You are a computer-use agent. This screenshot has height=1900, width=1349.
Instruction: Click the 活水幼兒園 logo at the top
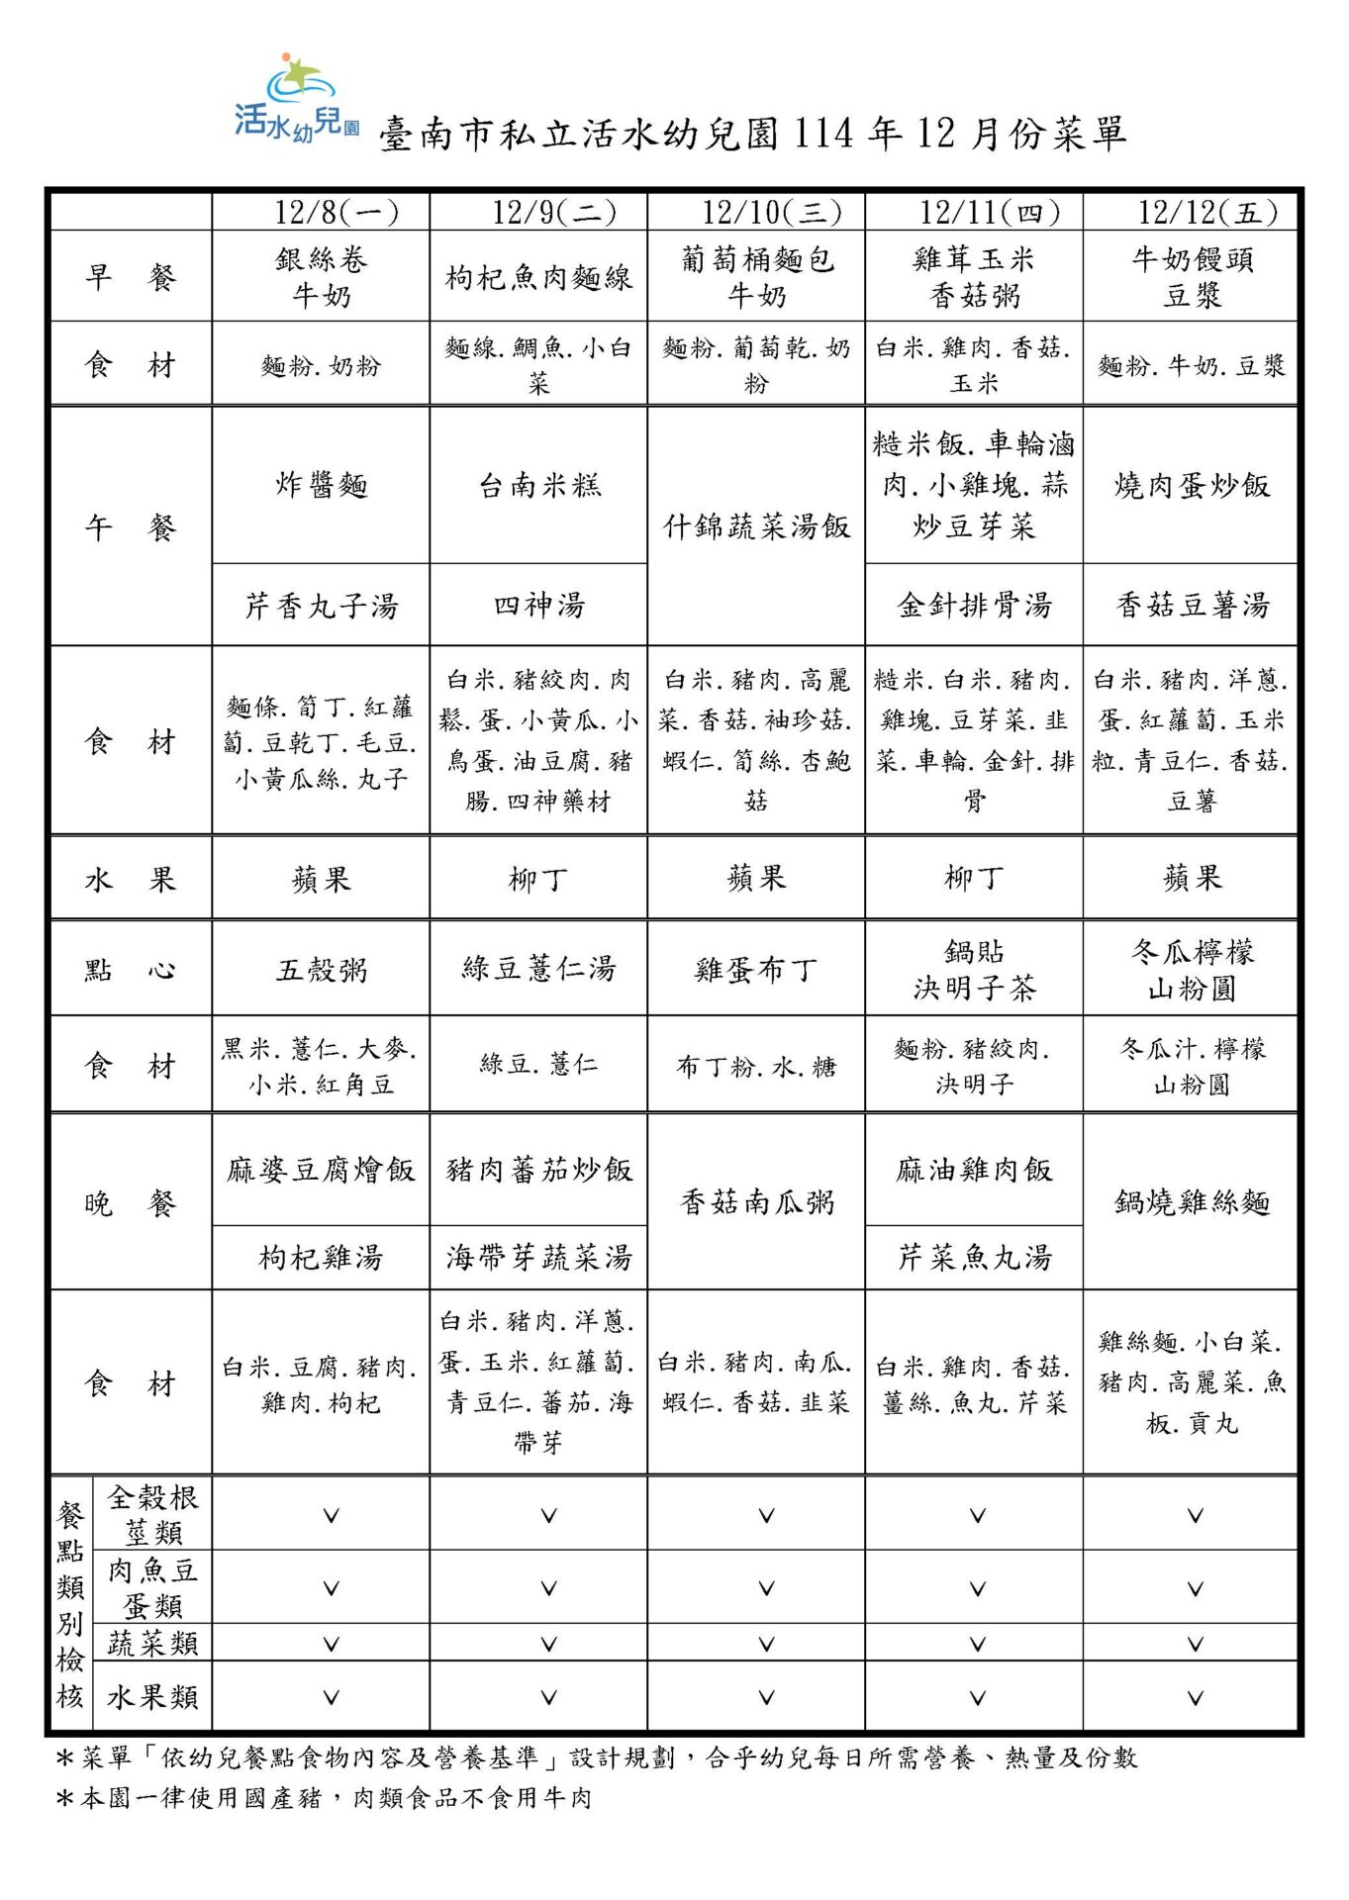pos(296,99)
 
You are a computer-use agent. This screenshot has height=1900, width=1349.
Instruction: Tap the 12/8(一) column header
pos(321,212)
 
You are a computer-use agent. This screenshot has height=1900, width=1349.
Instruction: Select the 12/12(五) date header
pos(1192,212)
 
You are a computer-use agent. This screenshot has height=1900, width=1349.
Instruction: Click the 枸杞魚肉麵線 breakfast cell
pos(538,278)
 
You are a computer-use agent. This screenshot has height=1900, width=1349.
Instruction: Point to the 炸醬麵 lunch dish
pos(321,485)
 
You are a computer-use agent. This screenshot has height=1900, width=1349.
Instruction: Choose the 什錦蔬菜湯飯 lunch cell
pos(756,525)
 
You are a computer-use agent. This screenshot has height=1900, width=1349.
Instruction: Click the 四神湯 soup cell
pos(538,605)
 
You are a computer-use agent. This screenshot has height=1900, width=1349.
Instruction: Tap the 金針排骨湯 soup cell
pos(974,605)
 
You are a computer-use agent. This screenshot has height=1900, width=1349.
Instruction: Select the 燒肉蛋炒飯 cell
pos(1192,485)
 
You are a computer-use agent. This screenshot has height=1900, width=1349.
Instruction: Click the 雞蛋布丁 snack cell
pos(756,969)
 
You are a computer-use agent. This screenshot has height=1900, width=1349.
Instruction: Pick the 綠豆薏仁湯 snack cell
pos(538,968)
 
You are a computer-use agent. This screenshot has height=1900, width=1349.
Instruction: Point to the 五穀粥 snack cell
pos(321,969)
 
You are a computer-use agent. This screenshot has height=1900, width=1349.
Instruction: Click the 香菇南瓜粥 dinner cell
pos(756,1202)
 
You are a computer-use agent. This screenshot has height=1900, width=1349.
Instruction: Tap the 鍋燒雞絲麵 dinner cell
pos(1192,1202)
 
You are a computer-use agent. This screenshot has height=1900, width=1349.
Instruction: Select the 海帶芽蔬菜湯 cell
pos(538,1258)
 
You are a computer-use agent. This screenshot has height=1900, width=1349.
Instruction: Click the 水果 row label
pos(130,879)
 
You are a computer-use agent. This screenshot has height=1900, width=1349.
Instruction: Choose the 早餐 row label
pos(130,277)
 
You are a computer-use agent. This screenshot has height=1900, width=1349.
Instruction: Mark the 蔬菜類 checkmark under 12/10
pos(766,1644)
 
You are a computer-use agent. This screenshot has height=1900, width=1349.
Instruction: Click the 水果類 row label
pos(152,1697)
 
